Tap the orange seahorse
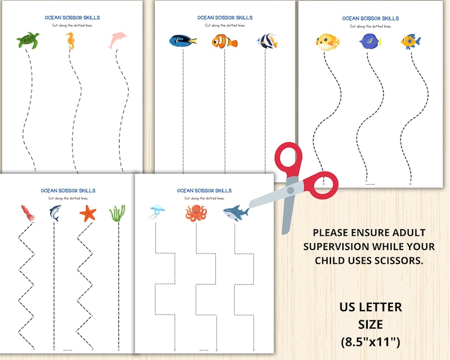pyautogui.click(x=70, y=40)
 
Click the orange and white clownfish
pyautogui.click(x=224, y=41)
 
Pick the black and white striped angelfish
pyautogui.click(x=266, y=41)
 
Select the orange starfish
pyautogui.click(x=88, y=213)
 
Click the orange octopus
pyautogui.click(x=196, y=213)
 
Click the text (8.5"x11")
pyautogui.click(x=371, y=342)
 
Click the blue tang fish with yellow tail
pyautogui.click(x=182, y=41)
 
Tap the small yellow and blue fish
pyautogui.click(x=410, y=41)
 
